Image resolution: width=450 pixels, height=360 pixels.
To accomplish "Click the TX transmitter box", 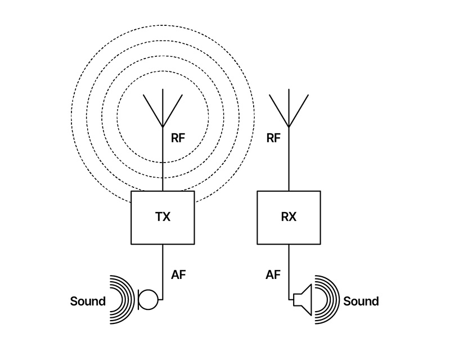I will (163, 218).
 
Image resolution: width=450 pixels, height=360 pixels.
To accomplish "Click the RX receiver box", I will (289, 218).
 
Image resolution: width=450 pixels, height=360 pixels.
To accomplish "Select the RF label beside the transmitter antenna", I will (178, 137).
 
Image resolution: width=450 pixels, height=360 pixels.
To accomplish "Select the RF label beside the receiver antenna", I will (273, 137).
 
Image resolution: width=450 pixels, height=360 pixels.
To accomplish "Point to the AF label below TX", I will (178, 275).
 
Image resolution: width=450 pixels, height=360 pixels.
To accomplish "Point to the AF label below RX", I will (273, 275).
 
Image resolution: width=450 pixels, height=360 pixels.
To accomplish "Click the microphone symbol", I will (147, 299).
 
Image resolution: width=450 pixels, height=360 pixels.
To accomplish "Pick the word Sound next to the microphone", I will (88, 301).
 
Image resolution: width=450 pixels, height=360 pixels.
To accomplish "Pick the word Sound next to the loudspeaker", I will (361, 301).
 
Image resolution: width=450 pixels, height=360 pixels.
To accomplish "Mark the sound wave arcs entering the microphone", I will (123, 299).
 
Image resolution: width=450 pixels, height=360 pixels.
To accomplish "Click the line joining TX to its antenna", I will (163, 163).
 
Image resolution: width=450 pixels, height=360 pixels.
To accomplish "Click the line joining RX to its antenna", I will (289, 163).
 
